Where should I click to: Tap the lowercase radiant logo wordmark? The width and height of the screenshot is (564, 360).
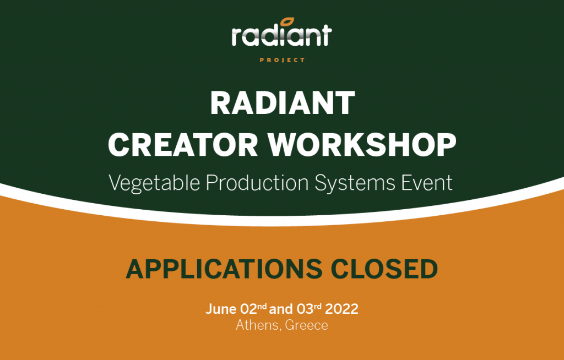tap(281, 36)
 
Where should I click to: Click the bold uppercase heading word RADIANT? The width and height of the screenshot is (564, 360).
tap(283, 103)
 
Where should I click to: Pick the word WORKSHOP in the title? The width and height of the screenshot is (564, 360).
tap(362, 144)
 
